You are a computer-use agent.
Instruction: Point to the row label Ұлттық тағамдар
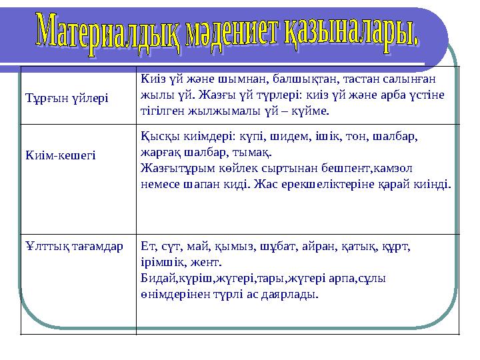(x=73, y=246)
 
